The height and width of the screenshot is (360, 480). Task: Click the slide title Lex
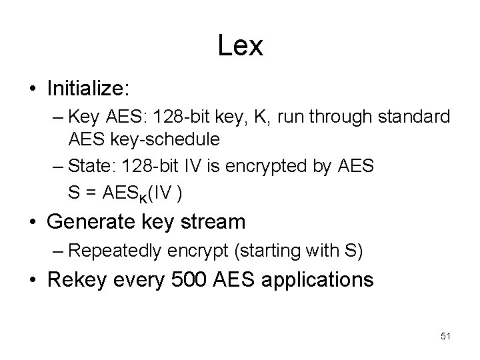click(240, 45)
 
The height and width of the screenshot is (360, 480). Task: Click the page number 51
click(445, 337)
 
